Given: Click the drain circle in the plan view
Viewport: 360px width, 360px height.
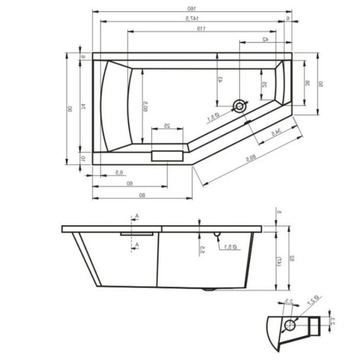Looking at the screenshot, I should click(239, 105).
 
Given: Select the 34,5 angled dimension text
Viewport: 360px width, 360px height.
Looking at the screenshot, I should click(275, 132).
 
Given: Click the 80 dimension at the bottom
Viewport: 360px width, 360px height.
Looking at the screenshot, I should click(142, 195).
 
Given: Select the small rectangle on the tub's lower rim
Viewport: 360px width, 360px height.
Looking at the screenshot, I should click(168, 155).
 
